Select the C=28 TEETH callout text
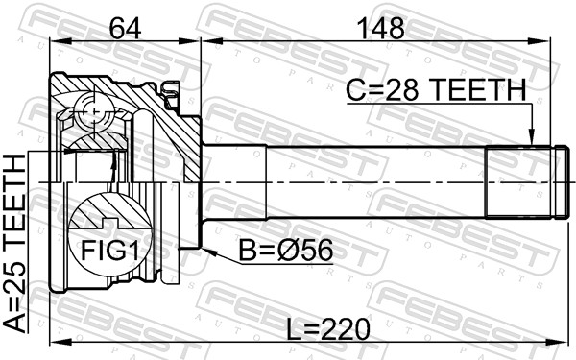tap(437, 90)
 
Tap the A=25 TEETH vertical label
tap(15, 243)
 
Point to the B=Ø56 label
tap(286, 251)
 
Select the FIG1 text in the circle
tap(109, 251)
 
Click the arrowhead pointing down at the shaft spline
tap(531, 137)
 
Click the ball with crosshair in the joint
tap(94, 111)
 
